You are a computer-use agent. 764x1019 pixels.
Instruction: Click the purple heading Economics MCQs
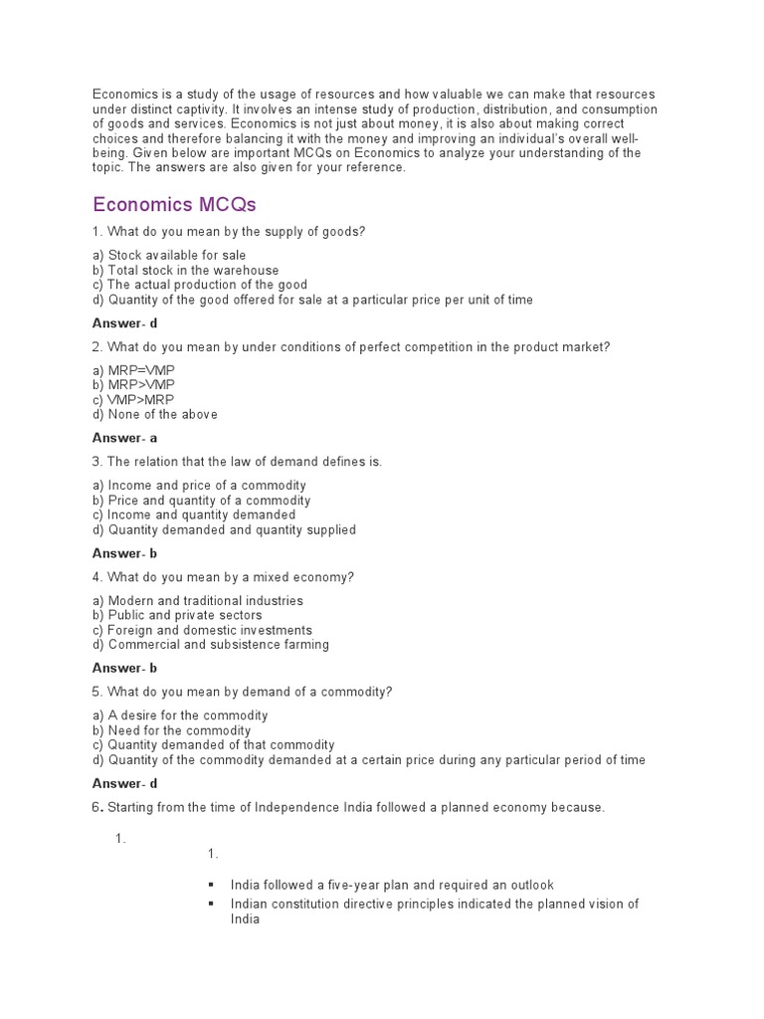pos(174,205)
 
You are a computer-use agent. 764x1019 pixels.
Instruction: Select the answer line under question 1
pos(125,322)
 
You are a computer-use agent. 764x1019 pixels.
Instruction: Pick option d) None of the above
pos(154,414)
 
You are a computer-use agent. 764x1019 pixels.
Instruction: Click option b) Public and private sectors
pos(177,615)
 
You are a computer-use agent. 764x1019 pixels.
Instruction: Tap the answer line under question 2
pos(125,438)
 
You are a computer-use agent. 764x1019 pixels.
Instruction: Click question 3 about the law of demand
pos(237,462)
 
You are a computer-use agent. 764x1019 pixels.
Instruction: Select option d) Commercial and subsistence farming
pos(211,644)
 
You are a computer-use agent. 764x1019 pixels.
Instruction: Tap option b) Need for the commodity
pos(171,730)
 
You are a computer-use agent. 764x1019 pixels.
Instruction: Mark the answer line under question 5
pos(125,783)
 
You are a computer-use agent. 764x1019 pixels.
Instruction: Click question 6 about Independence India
pos(348,807)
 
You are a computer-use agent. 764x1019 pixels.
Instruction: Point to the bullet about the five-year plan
pos(391,885)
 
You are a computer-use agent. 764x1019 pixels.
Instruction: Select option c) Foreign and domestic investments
pos(210,630)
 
